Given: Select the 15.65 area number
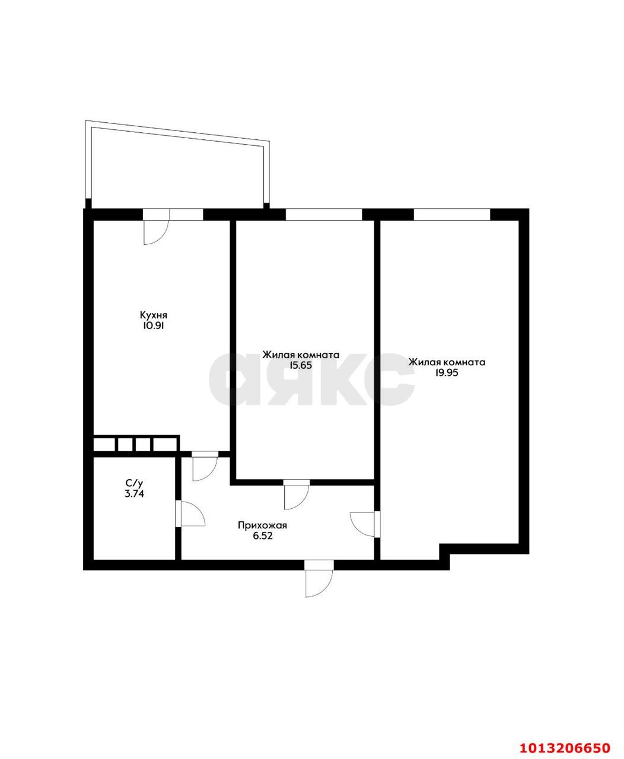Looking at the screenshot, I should pos(300,365).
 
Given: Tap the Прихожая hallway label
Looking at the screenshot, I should pos(263,525).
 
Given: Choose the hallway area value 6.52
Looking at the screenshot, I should pos(263,535).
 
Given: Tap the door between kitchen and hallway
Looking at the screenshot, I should pos(205,467).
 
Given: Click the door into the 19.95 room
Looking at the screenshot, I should pos(363,523).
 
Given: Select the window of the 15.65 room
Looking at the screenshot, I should pos(323,214).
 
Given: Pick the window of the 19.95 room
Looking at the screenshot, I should pos(451,214).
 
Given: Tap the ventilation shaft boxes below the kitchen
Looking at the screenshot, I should pos(136,444).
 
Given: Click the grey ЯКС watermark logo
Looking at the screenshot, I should pos(312,379).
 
